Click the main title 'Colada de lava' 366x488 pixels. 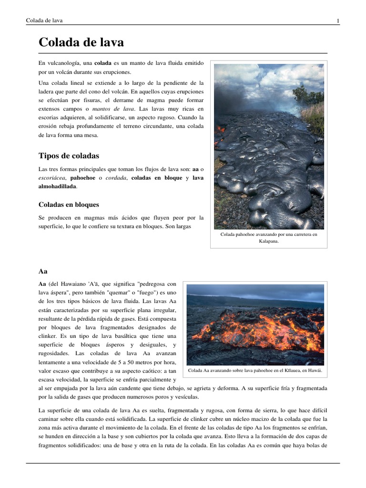tap(81, 42)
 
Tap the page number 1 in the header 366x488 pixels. tap(338, 20)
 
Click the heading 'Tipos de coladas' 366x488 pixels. tap(69, 156)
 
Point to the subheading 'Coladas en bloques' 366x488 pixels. tap(69, 204)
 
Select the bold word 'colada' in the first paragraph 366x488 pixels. tap(103, 63)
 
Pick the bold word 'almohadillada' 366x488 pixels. tap(57, 186)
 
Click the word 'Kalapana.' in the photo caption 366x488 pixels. tap(268, 241)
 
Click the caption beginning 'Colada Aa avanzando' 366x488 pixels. tap(255, 370)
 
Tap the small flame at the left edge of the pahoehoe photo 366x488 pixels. tap(220, 129)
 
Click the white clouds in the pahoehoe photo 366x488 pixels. tap(257, 76)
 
